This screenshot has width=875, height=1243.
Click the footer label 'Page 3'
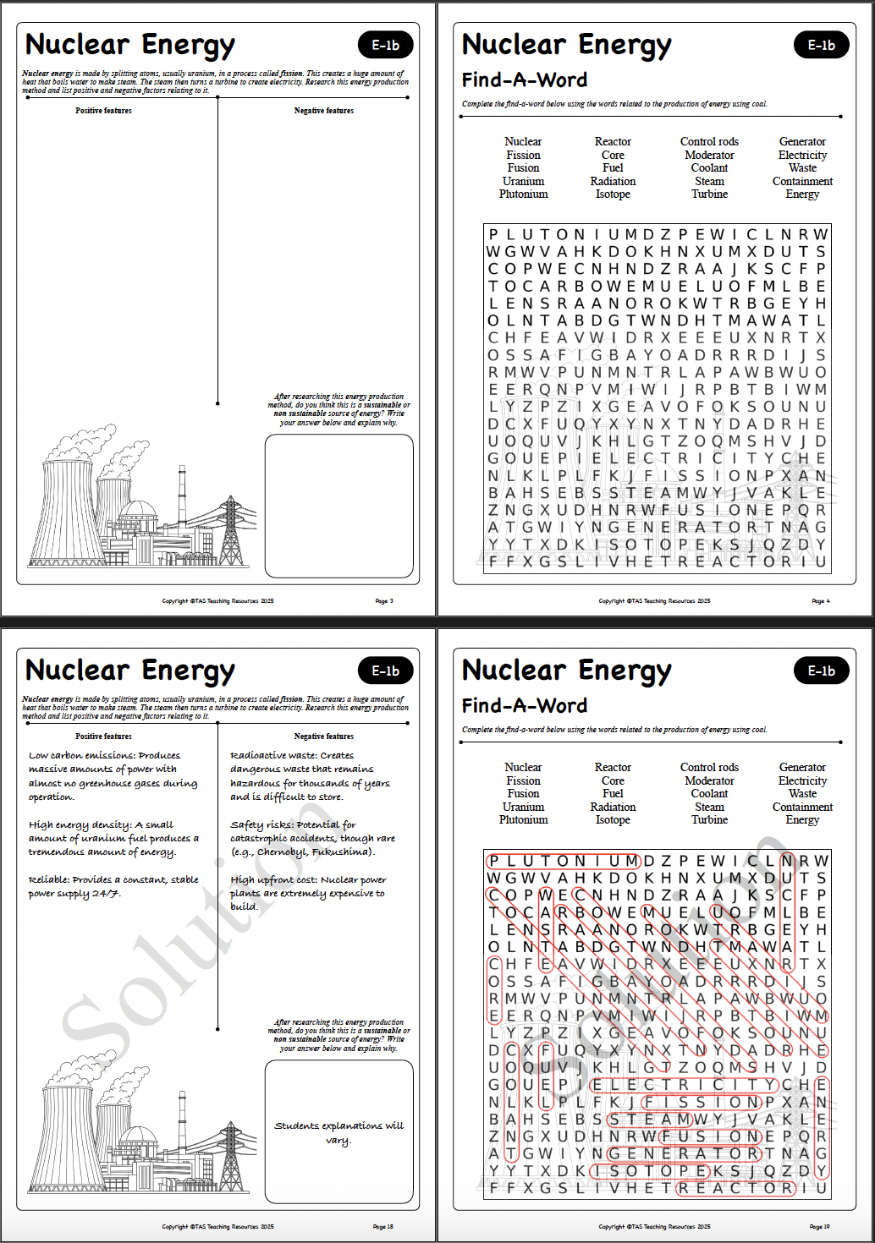tap(384, 601)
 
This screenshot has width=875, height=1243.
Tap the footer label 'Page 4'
tap(821, 601)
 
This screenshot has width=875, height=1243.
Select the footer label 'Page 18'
tap(383, 1227)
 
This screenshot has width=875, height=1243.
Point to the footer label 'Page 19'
tap(819, 1227)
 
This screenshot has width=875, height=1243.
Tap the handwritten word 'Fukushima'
tap(342, 852)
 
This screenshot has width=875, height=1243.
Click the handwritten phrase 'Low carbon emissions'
tap(81, 756)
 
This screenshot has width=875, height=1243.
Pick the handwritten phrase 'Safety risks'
tap(261, 825)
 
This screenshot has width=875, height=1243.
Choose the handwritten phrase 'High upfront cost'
tap(272, 880)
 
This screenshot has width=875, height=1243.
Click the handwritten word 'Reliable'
tap(49, 880)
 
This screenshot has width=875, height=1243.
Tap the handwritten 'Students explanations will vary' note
tap(338, 1133)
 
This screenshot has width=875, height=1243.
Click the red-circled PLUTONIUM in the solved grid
tap(564, 861)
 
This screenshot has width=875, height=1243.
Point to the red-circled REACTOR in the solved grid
tap(735, 1188)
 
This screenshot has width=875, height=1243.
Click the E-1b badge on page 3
tap(386, 46)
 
